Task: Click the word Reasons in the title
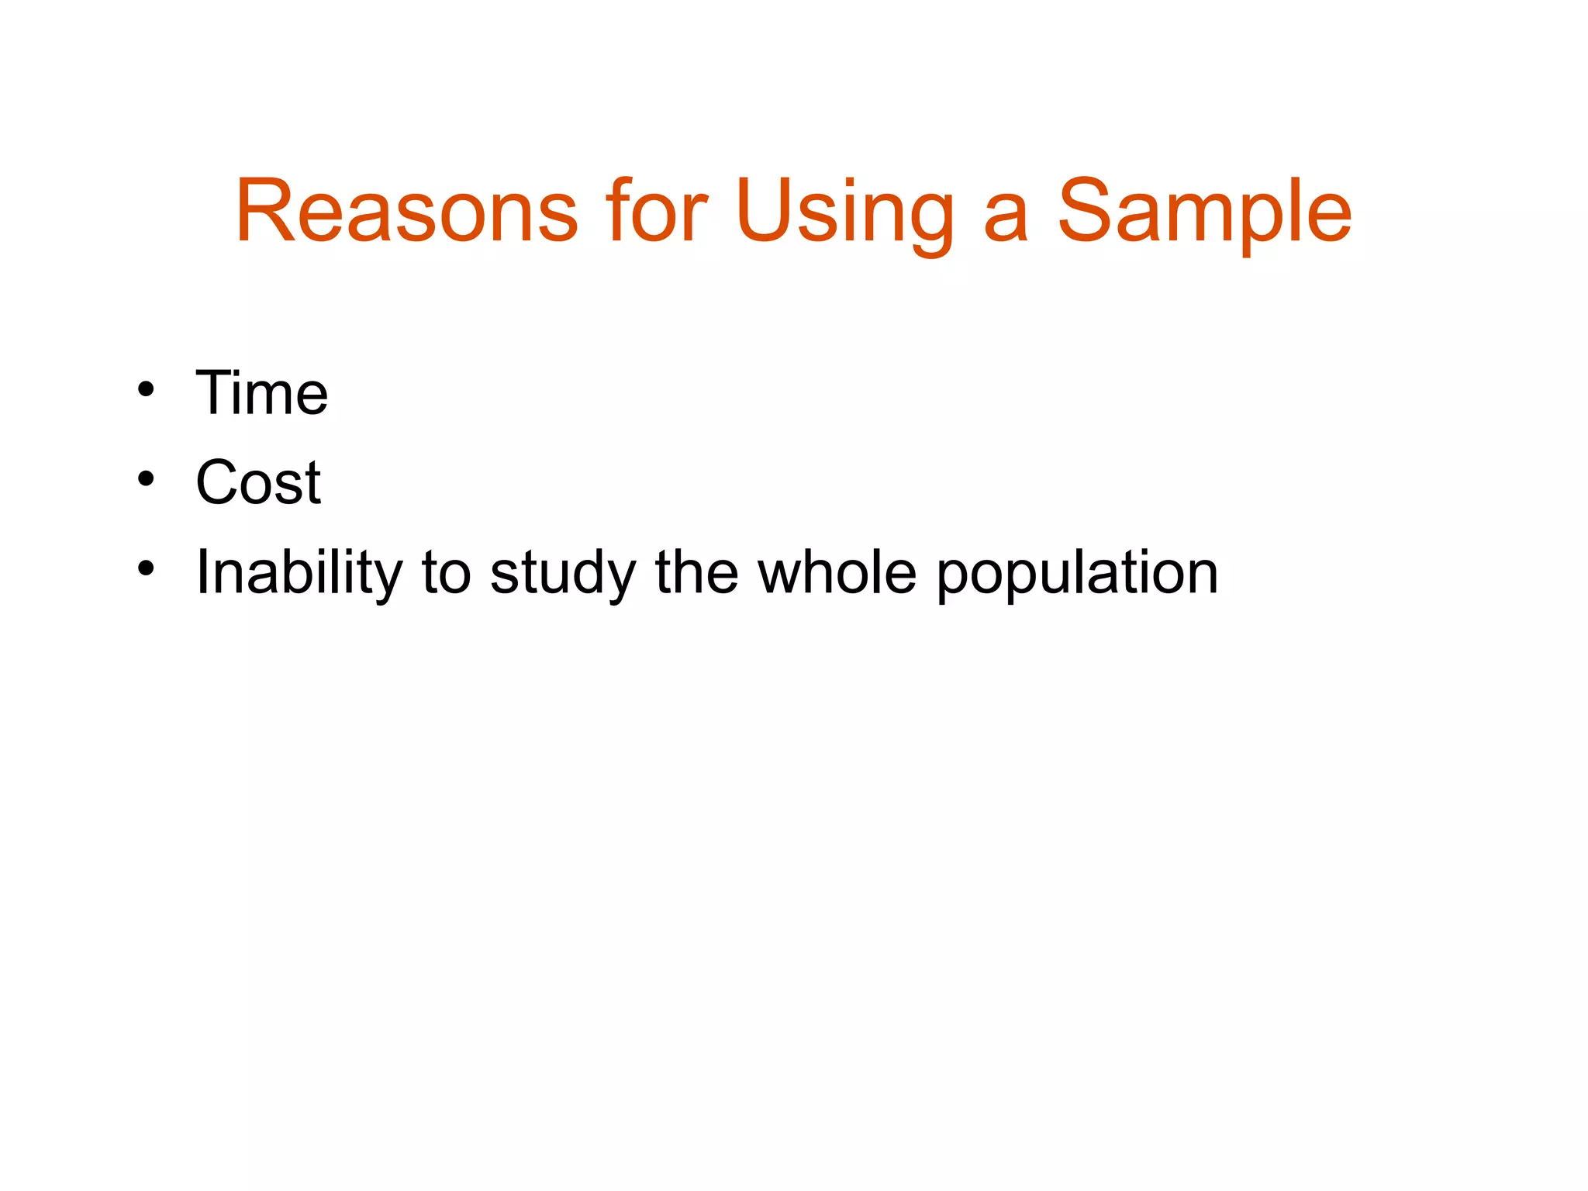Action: point(406,211)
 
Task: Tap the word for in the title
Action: point(657,211)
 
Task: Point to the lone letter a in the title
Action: point(1005,220)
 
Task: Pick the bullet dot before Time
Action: point(146,390)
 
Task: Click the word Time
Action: point(261,393)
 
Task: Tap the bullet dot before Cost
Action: point(146,479)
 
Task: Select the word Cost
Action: point(258,482)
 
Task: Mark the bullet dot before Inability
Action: point(146,569)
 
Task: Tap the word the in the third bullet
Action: point(696,572)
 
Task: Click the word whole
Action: point(837,572)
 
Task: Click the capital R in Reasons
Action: point(268,211)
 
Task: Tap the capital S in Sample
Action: point(1087,211)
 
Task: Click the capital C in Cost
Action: point(219,482)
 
